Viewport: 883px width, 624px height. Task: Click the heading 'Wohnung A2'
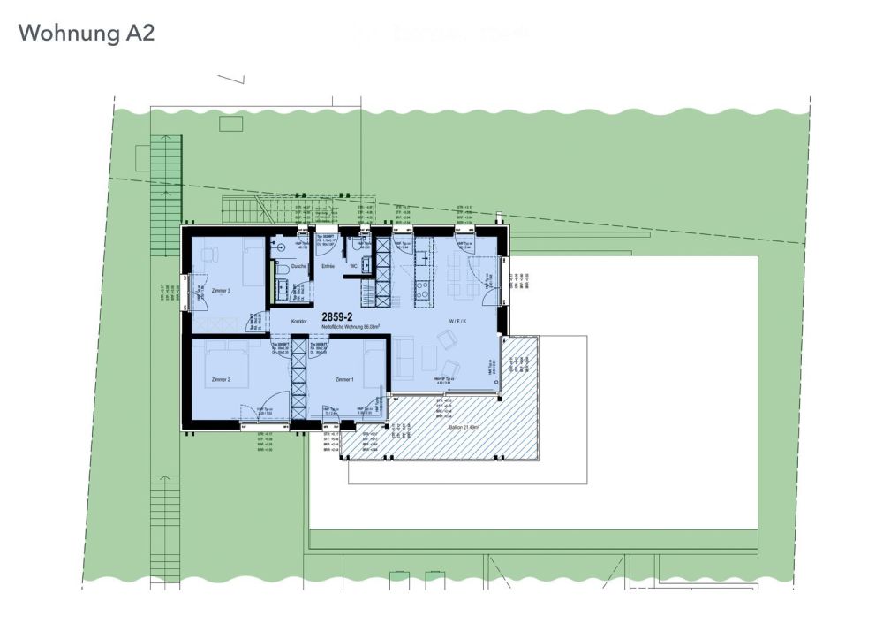coord(87,34)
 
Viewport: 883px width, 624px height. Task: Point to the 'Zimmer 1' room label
coord(344,379)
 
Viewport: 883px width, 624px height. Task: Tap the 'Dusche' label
coord(298,266)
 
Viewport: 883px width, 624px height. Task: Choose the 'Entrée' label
coord(328,266)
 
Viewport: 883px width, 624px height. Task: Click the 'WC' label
coord(353,266)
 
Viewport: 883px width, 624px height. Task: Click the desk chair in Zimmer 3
coord(209,255)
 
